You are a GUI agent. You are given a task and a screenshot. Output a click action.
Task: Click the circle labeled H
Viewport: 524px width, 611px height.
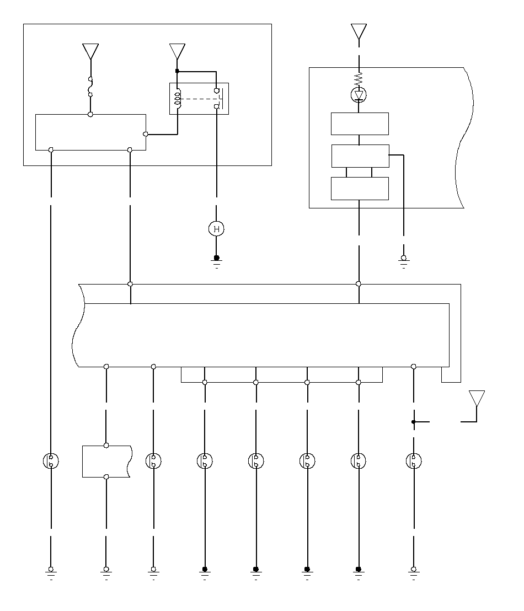click(216, 229)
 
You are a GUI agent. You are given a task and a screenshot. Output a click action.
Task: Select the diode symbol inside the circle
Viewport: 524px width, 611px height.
click(359, 96)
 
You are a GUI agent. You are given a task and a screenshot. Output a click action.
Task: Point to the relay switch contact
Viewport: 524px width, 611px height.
click(218, 99)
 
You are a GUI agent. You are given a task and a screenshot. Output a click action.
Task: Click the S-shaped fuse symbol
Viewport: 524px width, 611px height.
click(90, 87)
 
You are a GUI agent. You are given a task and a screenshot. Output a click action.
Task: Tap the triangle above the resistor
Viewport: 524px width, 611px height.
click(359, 31)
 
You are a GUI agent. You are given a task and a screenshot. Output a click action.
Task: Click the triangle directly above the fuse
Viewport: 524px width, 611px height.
click(90, 51)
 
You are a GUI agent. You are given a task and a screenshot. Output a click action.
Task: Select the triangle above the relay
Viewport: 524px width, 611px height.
click(177, 51)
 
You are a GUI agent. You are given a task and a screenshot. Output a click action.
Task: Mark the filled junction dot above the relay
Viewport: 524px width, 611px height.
click(177, 71)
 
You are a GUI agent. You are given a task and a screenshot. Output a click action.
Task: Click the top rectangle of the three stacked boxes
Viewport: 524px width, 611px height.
click(360, 124)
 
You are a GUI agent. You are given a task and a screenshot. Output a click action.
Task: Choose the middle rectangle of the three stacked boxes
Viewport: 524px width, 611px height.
click(360, 156)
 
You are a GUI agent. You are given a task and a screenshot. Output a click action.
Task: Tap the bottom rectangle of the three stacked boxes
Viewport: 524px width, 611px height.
click(360, 189)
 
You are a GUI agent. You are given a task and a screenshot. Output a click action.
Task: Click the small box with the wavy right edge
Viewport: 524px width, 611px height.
click(106, 461)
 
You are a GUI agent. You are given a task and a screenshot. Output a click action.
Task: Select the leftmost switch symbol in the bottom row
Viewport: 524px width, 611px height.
click(51, 461)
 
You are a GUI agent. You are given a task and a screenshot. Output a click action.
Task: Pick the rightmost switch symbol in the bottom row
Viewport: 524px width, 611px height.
click(414, 461)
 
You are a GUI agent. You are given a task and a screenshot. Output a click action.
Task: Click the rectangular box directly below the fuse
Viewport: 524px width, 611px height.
click(90, 132)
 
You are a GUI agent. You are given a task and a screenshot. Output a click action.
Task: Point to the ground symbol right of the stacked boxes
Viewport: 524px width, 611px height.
click(404, 260)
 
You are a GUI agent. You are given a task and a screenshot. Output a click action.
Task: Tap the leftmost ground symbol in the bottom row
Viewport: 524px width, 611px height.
click(51, 572)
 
